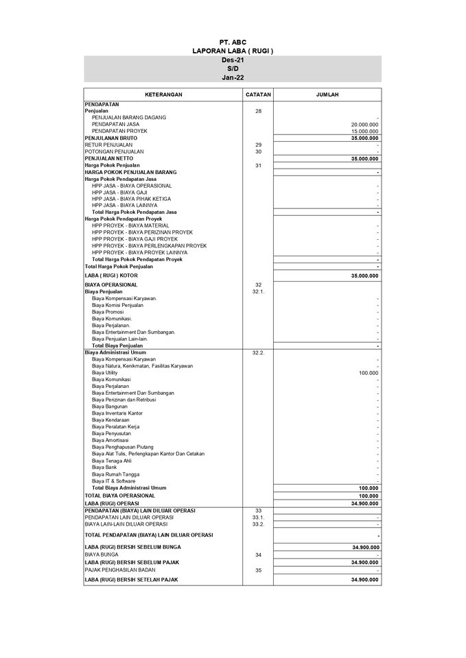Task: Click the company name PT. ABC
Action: pos(233,42)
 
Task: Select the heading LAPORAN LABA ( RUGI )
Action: pos(233,51)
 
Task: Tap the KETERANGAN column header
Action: pos(163,95)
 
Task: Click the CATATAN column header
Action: pos(258,95)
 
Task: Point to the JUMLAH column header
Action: pos(327,95)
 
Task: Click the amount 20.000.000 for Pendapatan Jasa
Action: pos(364,124)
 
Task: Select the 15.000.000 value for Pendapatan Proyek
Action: pos(364,131)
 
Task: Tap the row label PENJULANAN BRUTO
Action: pos(110,138)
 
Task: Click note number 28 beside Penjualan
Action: pos(258,111)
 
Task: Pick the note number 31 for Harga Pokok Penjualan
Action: pos(258,165)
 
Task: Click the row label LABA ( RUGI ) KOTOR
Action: pos(111,276)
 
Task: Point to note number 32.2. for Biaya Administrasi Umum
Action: pos(258,352)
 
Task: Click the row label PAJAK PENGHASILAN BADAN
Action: pos(120,570)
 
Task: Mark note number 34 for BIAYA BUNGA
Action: pos(258,555)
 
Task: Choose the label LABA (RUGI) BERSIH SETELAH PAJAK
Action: pos(131,580)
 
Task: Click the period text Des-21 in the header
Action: pos(233,60)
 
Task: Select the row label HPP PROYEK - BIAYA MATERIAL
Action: pos(130,226)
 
